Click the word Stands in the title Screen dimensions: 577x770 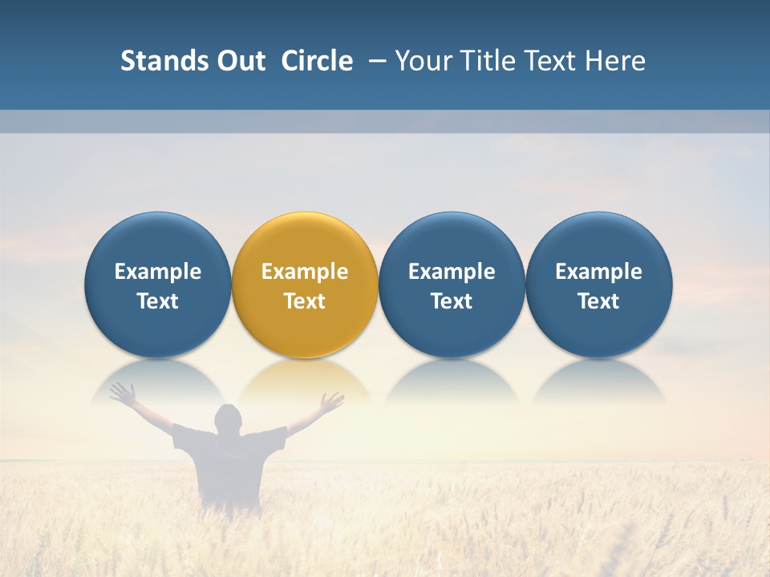[x=153, y=61]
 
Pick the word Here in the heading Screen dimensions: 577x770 [x=615, y=61]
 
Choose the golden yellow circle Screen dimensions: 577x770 [x=305, y=284]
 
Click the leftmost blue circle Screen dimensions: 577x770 [x=157, y=284]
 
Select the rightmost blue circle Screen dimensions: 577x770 [x=598, y=284]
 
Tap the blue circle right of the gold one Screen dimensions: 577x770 [x=452, y=284]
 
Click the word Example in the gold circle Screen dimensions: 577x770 [x=305, y=272]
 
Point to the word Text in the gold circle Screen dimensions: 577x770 [x=305, y=301]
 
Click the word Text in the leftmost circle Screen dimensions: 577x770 [x=157, y=301]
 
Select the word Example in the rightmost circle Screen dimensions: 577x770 [x=598, y=272]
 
